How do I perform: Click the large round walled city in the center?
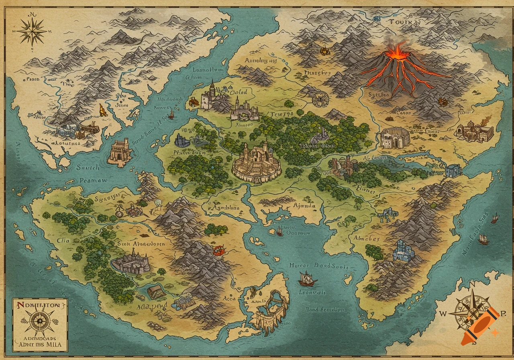257,163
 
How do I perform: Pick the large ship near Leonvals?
307,278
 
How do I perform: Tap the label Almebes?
366,238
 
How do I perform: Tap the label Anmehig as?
261,61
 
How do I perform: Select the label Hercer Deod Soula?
319,266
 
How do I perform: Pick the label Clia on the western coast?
63,241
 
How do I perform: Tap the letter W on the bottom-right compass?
443,314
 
